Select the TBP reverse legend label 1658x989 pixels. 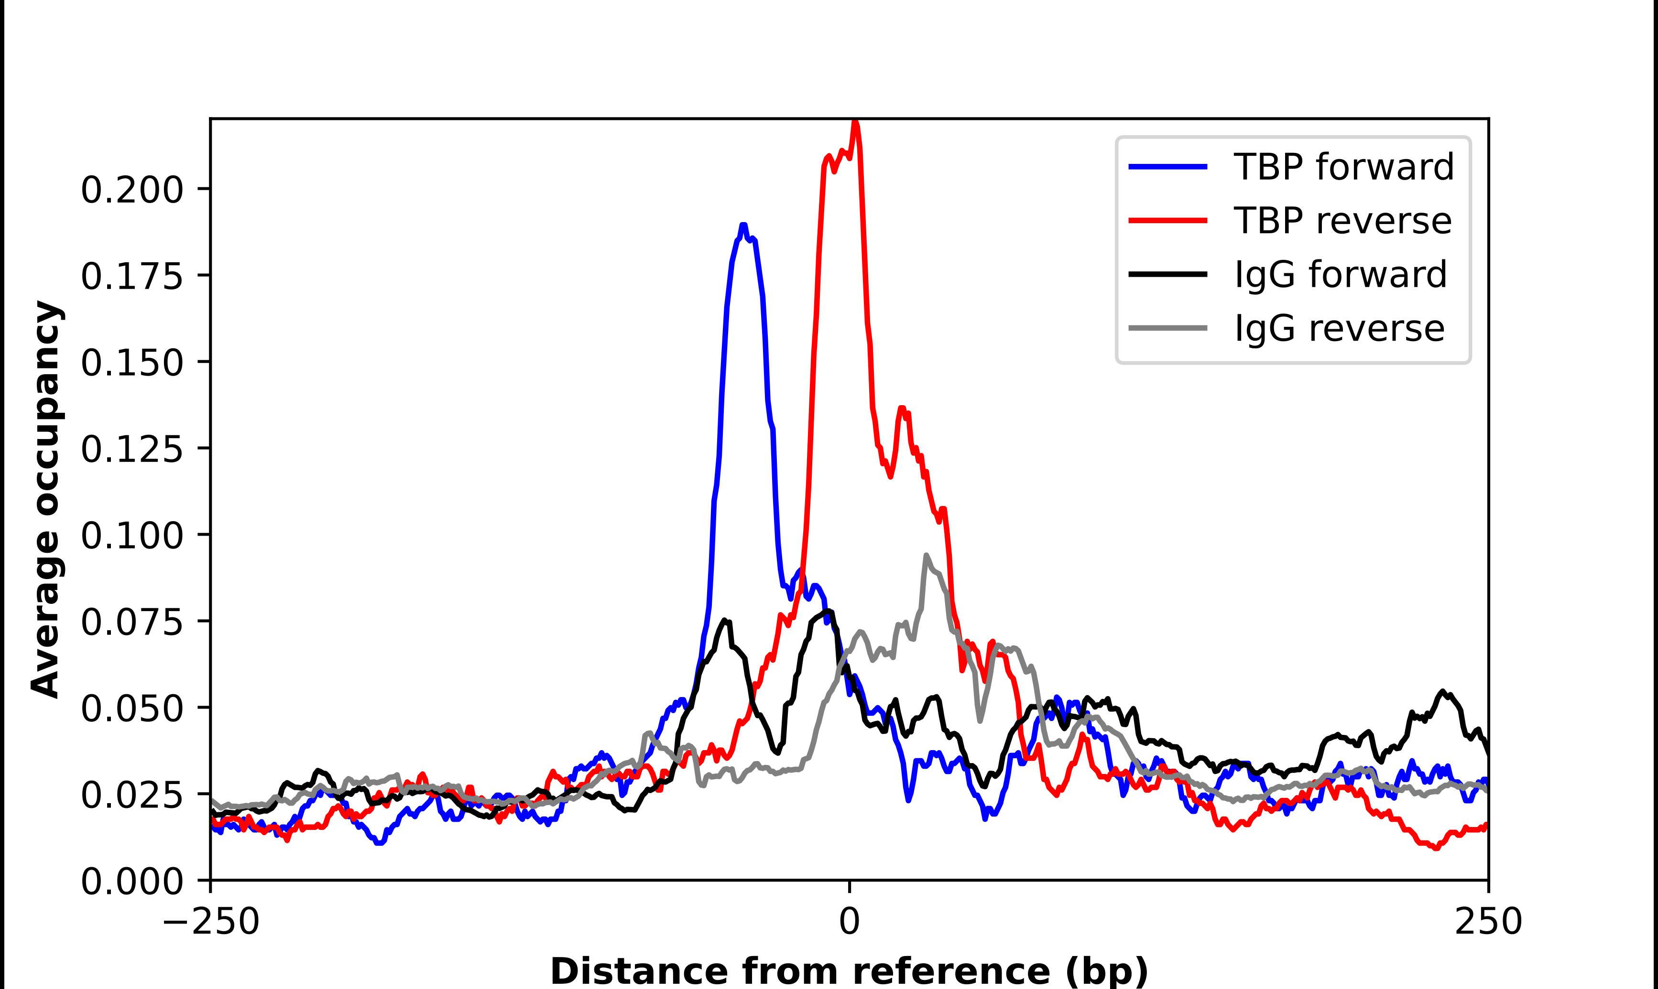1342,221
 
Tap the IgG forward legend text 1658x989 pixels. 1340,275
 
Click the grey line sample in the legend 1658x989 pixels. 1167,328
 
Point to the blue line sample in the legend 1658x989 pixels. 1167,167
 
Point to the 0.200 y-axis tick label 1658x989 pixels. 131,191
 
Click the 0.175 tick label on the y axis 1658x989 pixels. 131,277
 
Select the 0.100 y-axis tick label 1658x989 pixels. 131,536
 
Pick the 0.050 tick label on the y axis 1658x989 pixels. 131,709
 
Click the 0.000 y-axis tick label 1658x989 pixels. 131,881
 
